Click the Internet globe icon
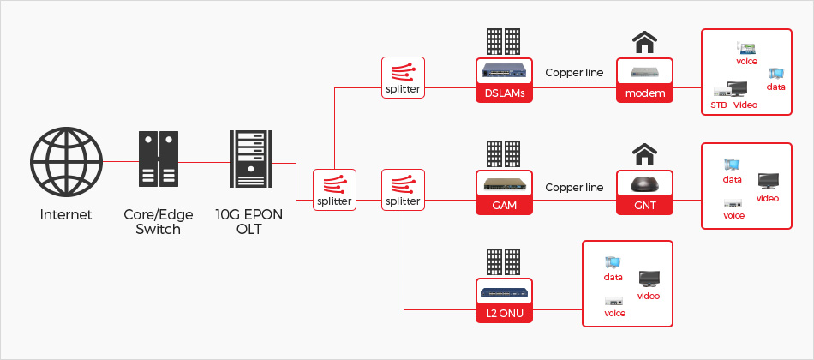pos(66,160)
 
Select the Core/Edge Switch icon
pos(158,160)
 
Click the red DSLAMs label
pos(505,93)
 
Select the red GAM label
pos(505,206)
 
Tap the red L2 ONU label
pos(505,315)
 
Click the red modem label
pos(645,93)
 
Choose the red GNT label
pos(645,206)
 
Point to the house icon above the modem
pos(644,42)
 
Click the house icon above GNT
pos(644,155)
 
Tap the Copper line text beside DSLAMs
pos(574,73)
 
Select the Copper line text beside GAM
pos(574,187)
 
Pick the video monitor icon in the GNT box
pos(768,181)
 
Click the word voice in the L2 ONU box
pos(614,314)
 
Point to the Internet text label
pos(66,214)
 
